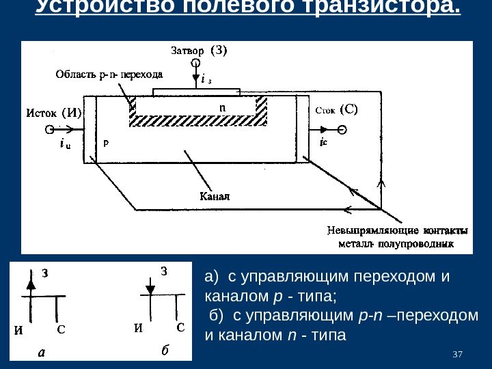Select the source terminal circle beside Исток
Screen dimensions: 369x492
(49, 129)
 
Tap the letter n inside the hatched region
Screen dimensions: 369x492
(221, 108)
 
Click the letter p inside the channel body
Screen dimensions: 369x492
(105, 144)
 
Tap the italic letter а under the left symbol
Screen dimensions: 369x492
(41, 353)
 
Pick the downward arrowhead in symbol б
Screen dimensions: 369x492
(150, 289)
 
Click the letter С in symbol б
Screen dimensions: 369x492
(180, 327)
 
